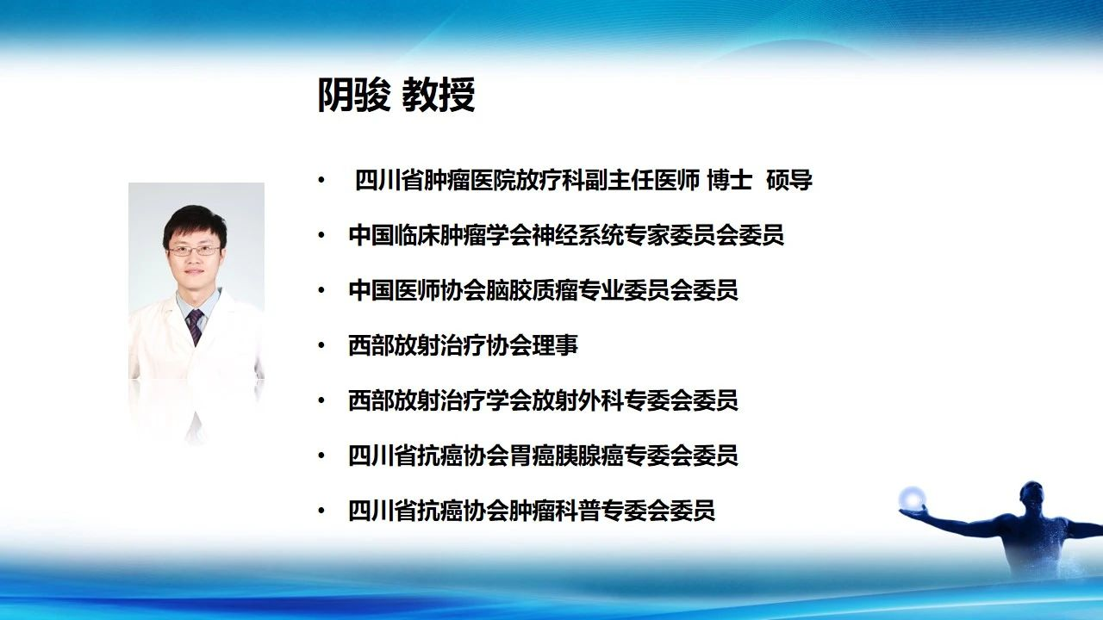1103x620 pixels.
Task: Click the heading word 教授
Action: (x=439, y=95)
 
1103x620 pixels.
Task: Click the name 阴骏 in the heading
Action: (x=354, y=95)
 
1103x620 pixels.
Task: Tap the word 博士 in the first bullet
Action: (x=730, y=181)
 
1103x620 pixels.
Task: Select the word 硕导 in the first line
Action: (x=788, y=181)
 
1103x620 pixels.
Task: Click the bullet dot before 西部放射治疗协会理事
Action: (x=322, y=345)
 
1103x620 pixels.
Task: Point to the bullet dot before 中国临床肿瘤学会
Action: (x=322, y=235)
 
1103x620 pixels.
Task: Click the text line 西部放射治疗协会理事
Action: (x=463, y=345)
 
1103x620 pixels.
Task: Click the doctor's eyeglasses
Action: (x=194, y=251)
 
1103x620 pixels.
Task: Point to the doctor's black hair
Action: (x=195, y=224)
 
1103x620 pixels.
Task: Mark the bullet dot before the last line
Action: (x=322, y=511)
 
